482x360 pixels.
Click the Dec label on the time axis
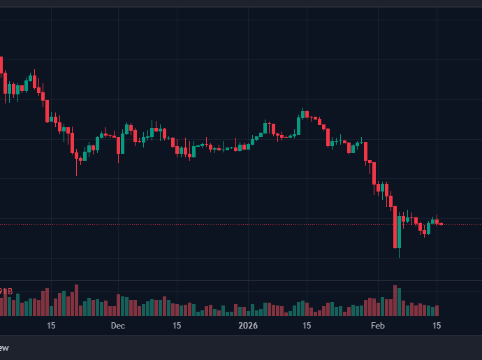click(x=117, y=326)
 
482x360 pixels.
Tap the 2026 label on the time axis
click(x=248, y=326)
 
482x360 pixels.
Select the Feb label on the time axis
click(x=378, y=326)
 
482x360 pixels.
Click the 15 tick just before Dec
click(x=51, y=326)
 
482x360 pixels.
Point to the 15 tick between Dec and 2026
click(x=177, y=326)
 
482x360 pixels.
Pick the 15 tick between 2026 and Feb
click(x=306, y=326)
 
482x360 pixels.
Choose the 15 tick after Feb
click(x=437, y=326)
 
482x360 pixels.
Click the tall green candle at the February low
click(x=400, y=231)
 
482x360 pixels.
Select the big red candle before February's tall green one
click(x=395, y=227)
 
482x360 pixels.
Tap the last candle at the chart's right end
click(x=441, y=224)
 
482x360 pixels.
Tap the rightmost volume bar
click(x=437, y=310)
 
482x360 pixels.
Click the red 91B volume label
click(x=6, y=291)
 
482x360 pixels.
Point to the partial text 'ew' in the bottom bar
click(x=4, y=347)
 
